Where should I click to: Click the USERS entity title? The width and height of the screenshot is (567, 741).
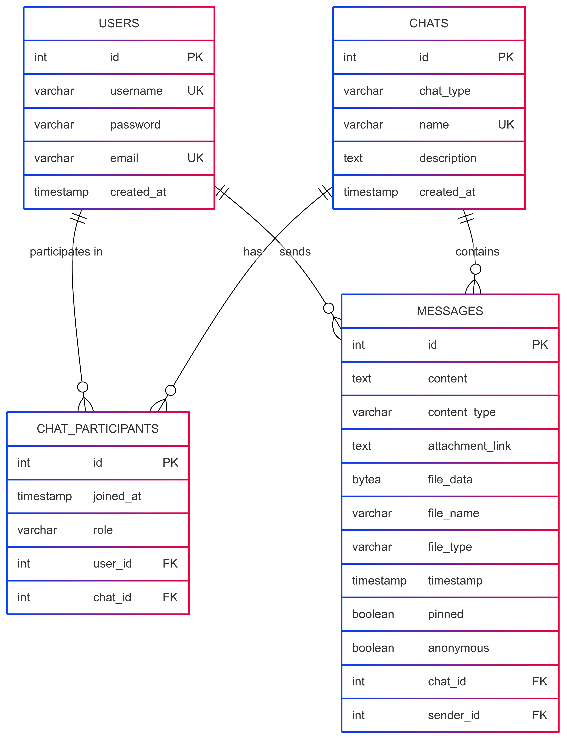(x=119, y=23)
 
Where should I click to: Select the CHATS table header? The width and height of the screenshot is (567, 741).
(x=429, y=23)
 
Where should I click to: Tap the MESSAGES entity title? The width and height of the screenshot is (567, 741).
(x=450, y=311)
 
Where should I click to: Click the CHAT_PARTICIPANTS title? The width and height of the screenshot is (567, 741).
(x=98, y=429)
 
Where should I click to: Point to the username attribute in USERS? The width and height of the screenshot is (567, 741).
(x=136, y=91)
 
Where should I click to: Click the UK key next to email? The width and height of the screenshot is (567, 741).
(x=195, y=158)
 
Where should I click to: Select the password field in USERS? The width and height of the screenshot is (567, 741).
(x=135, y=125)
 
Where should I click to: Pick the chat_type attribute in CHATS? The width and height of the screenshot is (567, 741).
(x=445, y=91)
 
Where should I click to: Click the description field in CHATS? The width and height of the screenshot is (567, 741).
(x=448, y=158)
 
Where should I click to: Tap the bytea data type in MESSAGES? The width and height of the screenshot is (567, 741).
(x=367, y=479)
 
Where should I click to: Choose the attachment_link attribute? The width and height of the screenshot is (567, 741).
(x=469, y=446)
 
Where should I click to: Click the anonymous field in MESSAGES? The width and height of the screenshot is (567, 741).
(x=458, y=648)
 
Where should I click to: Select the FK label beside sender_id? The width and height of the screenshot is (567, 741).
(x=540, y=715)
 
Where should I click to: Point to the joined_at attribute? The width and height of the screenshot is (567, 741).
(x=117, y=496)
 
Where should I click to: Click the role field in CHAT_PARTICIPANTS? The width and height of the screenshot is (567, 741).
(x=103, y=530)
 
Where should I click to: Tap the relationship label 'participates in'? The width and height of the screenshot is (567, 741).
(x=66, y=251)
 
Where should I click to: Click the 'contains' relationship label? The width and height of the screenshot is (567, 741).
(x=477, y=251)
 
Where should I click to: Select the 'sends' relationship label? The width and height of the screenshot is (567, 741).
(x=295, y=251)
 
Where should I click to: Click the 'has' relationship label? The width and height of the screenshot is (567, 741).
(x=253, y=251)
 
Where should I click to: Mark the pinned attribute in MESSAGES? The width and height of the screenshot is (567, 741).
(x=445, y=614)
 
